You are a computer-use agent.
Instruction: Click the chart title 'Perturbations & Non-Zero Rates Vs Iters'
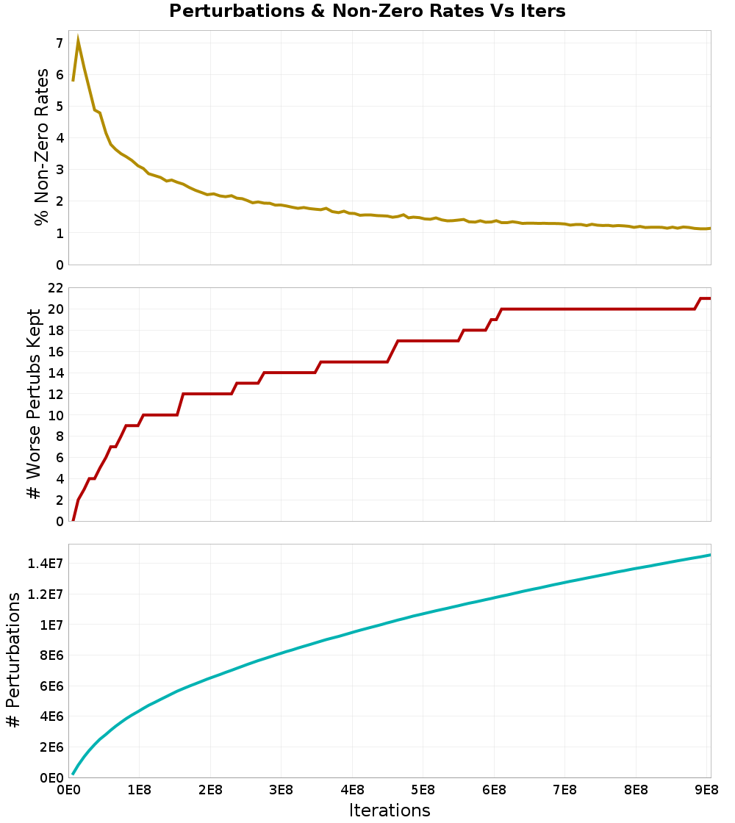click(x=367, y=11)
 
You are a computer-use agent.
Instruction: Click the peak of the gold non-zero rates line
click(x=78, y=40)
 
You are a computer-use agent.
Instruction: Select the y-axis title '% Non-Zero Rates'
click(x=43, y=147)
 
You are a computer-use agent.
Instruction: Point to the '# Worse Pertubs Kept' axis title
click(x=34, y=405)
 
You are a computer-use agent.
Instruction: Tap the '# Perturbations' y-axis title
click(x=13, y=661)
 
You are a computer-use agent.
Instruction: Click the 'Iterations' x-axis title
click(x=390, y=811)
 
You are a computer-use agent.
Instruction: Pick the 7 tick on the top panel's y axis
click(x=60, y=43)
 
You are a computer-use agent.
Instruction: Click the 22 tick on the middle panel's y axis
click(x=55, y=287)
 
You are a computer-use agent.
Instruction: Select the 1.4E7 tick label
click(x=45, y=564)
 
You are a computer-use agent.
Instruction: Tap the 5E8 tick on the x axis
click(x=423, y=790)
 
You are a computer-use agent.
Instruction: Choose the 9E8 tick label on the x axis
click(x=706, y=790)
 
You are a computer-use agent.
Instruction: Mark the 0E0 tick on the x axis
click(x=68, y=790)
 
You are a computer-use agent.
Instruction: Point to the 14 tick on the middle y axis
click(x=55, y=373)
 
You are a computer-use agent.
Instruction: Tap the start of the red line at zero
click(x=73, y=520)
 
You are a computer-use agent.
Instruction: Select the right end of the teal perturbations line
click(x=710, y=555)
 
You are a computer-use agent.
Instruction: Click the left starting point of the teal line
click(x=73, y=773)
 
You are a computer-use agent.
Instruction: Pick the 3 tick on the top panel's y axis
click(x=60, y=170)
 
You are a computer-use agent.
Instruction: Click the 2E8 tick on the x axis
click(x=210, y=790)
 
